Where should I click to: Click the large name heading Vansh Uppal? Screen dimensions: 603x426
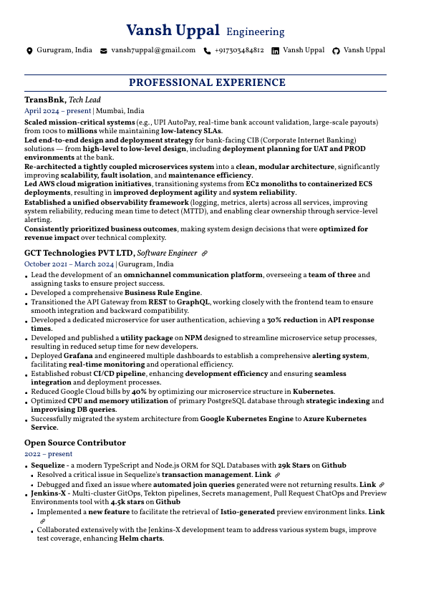point(173,31)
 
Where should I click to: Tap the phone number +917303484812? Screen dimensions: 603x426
point(238,51)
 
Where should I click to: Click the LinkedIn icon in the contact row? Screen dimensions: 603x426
point(275,51)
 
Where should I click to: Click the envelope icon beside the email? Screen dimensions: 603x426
point(104,51)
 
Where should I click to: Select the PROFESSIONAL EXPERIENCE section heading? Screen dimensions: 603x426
point(207,83)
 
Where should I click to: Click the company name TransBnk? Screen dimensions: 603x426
point(44,100)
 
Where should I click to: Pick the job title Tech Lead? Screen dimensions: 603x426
point(84,100)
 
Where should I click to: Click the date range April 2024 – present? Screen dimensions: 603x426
point(57,111)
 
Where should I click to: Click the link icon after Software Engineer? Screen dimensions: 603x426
point(205,254)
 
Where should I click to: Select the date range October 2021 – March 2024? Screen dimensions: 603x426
point(69,264)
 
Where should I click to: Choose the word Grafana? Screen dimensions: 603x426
point(78,356)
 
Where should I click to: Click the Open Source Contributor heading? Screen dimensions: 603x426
point(75,443)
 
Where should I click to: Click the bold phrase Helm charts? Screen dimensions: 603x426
point(141,539)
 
